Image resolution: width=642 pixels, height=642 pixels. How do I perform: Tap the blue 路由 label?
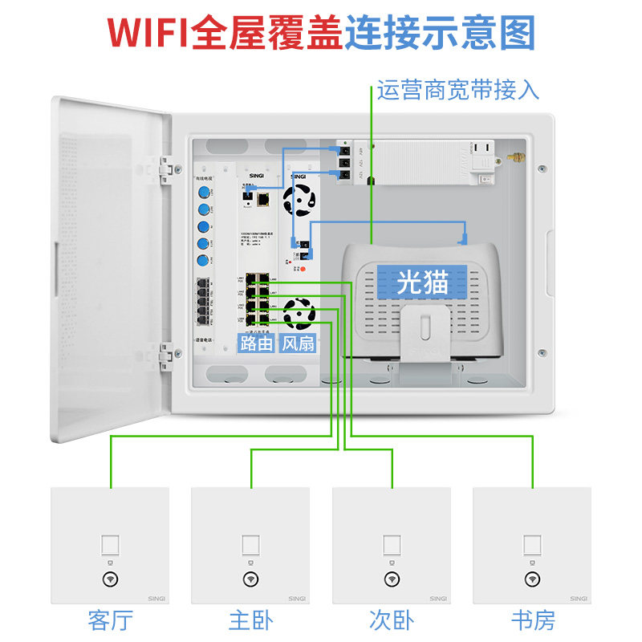pyautogui.click(x=256, y=343)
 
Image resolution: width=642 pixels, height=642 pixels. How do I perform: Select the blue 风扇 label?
pyautogui.click(x=298, y=343)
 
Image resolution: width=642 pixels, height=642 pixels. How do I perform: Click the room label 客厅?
pyautogui.click(x=110, y=620)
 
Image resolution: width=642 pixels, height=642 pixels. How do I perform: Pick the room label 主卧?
pyautogui.click(x=250, y=620)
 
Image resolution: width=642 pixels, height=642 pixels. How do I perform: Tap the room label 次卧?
pyautogui.click(x=392, y=620)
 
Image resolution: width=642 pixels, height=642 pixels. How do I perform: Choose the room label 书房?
pyautogui.click(x=532, y=620)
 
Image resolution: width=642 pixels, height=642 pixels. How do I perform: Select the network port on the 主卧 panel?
pyautogui.click(x=250, y=545)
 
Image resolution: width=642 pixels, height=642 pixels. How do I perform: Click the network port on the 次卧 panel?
pyautogui.click(x=392, y=545)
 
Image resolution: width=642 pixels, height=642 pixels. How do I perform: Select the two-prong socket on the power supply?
pyautogui.click(x=486, y=148)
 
